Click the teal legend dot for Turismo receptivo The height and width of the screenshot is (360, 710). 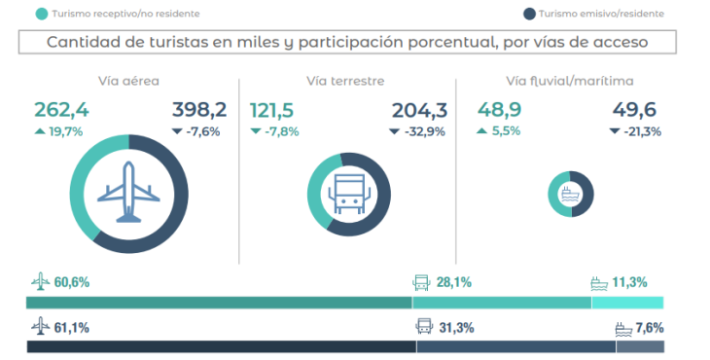(x=42, y=14)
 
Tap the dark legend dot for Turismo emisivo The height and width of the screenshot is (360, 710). (x=529, y=14)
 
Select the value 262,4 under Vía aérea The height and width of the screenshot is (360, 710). (x=61, y=110)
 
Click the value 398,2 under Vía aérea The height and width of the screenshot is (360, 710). (x=199, y=110)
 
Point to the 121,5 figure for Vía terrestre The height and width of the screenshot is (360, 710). (x=271, y=111)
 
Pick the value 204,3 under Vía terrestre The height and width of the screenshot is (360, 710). (x=419, y=111)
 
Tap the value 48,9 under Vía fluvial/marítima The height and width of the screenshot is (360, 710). (x=500, y=110)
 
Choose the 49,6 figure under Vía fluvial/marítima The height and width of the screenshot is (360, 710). (x=634, y=110)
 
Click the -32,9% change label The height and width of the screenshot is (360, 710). (x=424, y=131)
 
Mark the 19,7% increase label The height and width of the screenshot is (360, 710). (x=66, y=131)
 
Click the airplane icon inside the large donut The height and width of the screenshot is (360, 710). (x=128, y=192)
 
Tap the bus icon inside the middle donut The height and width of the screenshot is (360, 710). (x=349, y=195)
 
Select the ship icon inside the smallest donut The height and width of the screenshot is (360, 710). (x=570, y=194)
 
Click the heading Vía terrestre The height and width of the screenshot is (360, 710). (x=345, y=81)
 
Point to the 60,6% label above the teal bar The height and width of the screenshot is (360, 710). (x=72, y=282)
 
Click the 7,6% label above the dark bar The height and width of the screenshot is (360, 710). (x=650, y=327)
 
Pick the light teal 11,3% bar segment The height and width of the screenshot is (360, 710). (x=627, y=303)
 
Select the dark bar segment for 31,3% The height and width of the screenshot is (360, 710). (x=516, y=346)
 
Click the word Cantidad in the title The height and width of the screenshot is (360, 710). (x=76, y=42)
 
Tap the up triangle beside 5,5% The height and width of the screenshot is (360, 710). (x=481, y=131)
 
